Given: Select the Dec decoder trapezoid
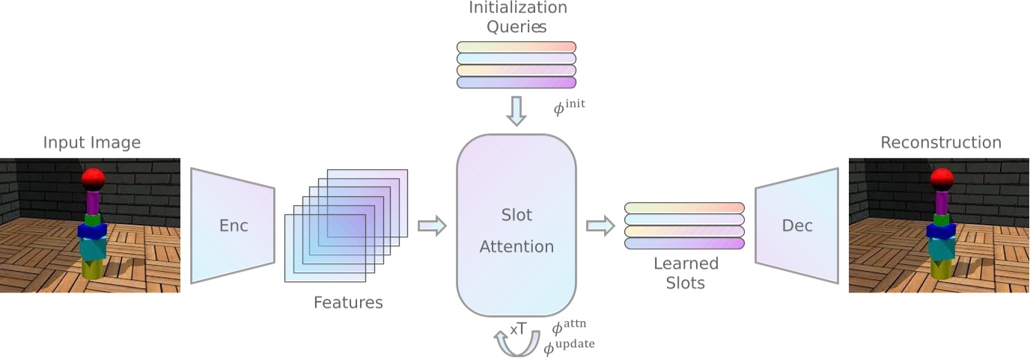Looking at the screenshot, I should coord(796,225).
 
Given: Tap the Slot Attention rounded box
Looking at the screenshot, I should coord(516,226).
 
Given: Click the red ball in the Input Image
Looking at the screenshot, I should coord(92,178).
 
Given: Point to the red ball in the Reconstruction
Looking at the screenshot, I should coord(941,179).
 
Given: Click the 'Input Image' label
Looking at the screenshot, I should coord(91,142).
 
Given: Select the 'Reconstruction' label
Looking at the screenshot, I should coord(940,142).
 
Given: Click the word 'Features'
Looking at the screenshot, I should coord(347,303).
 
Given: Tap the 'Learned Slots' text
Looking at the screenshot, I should coord(685,273).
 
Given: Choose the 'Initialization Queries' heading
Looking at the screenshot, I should coord(517,18).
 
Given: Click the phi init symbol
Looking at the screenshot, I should coord(569,107).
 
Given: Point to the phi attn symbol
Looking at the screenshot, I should coord(568,328).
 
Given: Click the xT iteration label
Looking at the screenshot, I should coord(519,329).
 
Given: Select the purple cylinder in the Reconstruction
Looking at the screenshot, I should coord(941,202).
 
